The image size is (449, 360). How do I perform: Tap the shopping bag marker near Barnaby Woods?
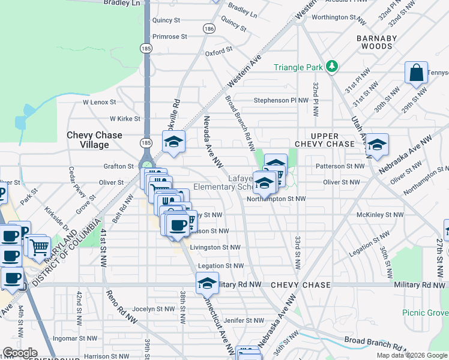pos(416,73)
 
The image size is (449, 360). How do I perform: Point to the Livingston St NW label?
pos(215,247)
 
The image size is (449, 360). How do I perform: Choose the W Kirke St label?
pos(124,119)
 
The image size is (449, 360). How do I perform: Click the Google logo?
pos(20,353)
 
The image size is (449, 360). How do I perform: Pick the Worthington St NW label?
pos(339,17)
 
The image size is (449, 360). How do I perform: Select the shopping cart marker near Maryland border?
pos(39,246)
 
